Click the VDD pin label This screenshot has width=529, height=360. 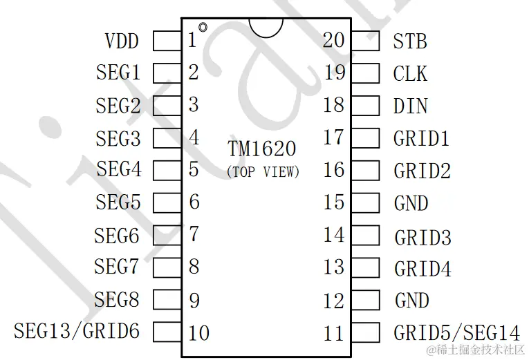(122, 41)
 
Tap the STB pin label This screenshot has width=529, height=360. (410, 41)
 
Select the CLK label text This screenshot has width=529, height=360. (410, 73)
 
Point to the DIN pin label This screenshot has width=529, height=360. (410, 106)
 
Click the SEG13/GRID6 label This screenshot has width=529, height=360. (77, 331)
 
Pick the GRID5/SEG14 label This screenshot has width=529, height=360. (456, 332)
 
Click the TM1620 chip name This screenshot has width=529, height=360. (262, 149)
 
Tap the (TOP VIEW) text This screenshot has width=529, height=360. (263, 172)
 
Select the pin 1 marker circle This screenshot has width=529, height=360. (203, 28)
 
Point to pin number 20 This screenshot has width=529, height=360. (334, 41)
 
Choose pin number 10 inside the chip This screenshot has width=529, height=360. (198, 332)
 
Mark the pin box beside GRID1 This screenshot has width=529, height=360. (366, 138)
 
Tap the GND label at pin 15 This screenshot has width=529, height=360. (411, 203)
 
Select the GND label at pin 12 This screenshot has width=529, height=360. (411, 301)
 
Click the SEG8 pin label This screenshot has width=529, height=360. (117, 300)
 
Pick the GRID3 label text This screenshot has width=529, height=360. (423, 237)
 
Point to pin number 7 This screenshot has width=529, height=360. (194, 234)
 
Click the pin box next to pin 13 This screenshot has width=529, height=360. (366, 267)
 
